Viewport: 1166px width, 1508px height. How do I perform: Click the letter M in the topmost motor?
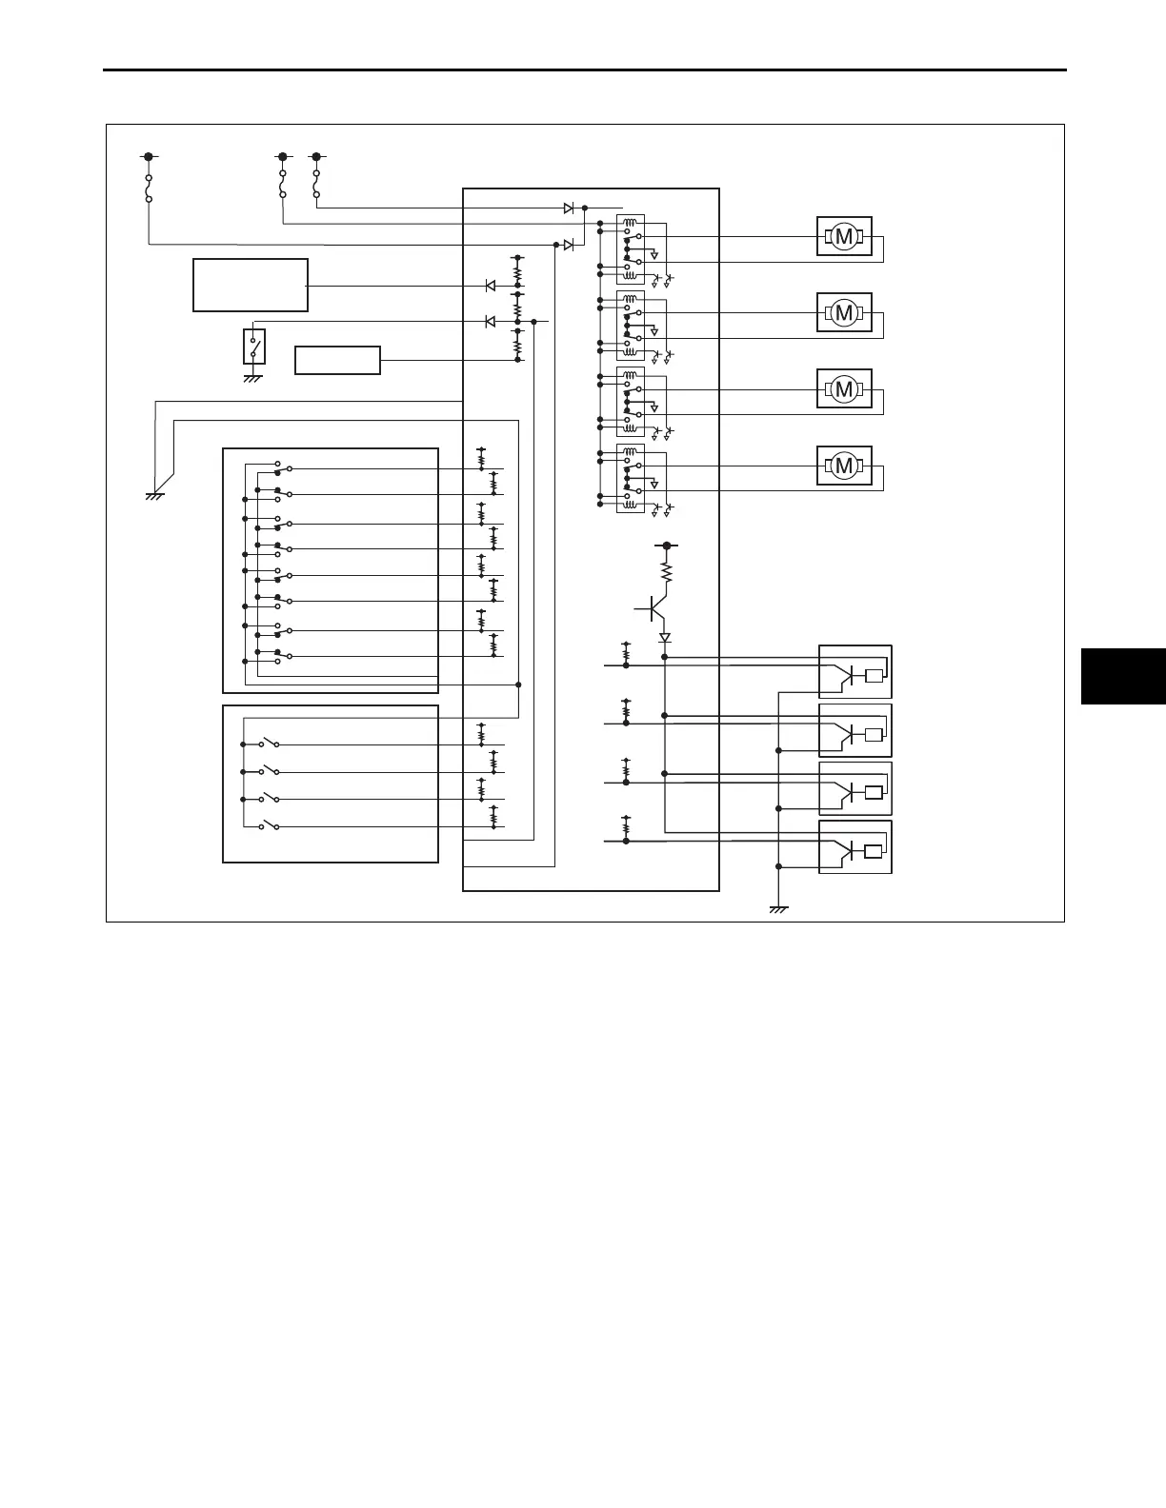(843, 236)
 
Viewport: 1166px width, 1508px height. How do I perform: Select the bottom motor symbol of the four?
(844, 466)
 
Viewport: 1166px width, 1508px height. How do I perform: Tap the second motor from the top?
(844, 312)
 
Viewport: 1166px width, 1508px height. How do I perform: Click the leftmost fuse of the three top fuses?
(149, 188)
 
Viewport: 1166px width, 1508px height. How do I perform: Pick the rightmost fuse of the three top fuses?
(316, 185)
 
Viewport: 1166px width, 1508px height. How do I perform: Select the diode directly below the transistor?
(665, 638)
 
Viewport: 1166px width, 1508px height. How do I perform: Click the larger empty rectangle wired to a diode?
(250, 285)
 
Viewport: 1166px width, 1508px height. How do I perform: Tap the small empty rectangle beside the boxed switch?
(337, 361)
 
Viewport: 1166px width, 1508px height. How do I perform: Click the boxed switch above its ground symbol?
(254, 347)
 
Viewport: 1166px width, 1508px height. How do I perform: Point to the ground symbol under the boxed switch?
(253, 379)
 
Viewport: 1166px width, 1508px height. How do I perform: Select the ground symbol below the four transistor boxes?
(778, 910)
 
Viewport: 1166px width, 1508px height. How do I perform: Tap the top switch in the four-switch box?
(269, 744)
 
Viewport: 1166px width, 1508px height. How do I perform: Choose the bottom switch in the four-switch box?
(269, 826)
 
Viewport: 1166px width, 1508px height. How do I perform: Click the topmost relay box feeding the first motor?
(631, 249)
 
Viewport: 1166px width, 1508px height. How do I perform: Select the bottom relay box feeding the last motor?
(631, 479)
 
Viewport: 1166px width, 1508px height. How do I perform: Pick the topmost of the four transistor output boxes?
(855, 672)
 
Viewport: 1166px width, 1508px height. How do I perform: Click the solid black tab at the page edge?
(1123, 675)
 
